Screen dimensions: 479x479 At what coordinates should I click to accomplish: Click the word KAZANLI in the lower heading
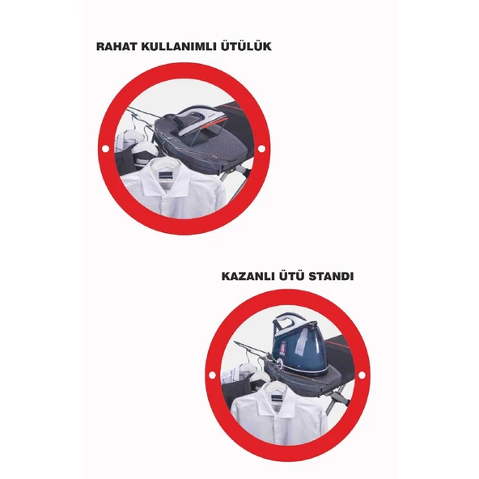pos(249,276)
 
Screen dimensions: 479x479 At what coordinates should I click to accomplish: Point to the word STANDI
pos(331,276)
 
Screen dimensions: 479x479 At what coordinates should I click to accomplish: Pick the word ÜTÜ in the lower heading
pos(293,276)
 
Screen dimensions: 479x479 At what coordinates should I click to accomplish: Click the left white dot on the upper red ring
pos(105,149)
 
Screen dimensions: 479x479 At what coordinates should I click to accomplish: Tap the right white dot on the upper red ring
pos(261,148)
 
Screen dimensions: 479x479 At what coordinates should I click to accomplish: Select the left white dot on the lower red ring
pos(212,375)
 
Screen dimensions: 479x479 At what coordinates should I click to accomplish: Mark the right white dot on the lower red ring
pos(362,375)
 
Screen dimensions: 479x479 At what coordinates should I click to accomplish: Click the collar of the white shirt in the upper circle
pos(167,180)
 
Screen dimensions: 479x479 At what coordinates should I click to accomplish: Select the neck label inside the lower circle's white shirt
pos(278,396)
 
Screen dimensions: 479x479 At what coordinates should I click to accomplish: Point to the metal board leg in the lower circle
pos(341,397)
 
